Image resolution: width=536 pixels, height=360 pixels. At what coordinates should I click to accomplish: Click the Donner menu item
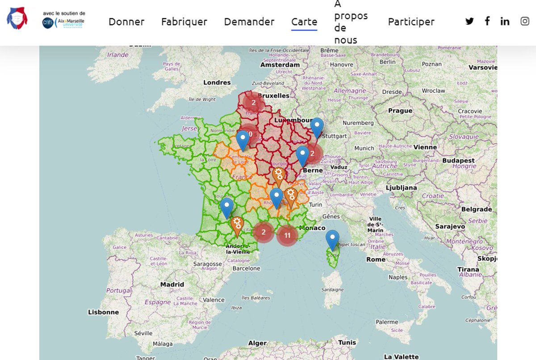coord(126,21)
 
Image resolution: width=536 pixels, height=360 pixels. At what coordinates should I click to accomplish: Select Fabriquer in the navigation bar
coord(184,21)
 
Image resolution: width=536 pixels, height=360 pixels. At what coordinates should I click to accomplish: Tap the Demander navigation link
coord(249,21)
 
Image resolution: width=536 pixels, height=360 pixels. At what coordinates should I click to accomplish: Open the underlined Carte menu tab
coord(304,21)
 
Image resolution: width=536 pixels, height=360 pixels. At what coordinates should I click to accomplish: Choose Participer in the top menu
coord(411,21)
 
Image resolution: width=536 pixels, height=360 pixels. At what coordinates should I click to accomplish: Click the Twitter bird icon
coord(469,21)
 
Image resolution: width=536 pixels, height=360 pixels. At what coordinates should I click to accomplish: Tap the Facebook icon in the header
coord(487,21)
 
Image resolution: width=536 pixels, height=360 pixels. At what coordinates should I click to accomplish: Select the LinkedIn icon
coord(505,21)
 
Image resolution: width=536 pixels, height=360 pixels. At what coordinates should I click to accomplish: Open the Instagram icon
coord(525,21)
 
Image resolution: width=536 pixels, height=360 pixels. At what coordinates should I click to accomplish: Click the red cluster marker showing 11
coord(287,235)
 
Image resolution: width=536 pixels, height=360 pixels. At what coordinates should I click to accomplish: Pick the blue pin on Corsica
coord(332,240)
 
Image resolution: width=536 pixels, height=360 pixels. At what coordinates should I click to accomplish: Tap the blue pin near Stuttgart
coord(317,128)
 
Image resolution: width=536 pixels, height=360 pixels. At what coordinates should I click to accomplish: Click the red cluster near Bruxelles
coord(254,103)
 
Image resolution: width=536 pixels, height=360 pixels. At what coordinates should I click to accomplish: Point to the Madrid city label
coord(172,284)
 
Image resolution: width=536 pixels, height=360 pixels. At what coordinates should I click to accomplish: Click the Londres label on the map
coord(217,82)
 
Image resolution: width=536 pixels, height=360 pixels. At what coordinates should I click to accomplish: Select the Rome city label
coord(376,259)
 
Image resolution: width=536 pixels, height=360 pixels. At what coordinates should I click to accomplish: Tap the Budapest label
coord(459,160)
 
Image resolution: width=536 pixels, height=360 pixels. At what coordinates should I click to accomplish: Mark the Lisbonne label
coord(104,312)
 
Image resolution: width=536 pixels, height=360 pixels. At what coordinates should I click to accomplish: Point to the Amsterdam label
coord(280,65)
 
